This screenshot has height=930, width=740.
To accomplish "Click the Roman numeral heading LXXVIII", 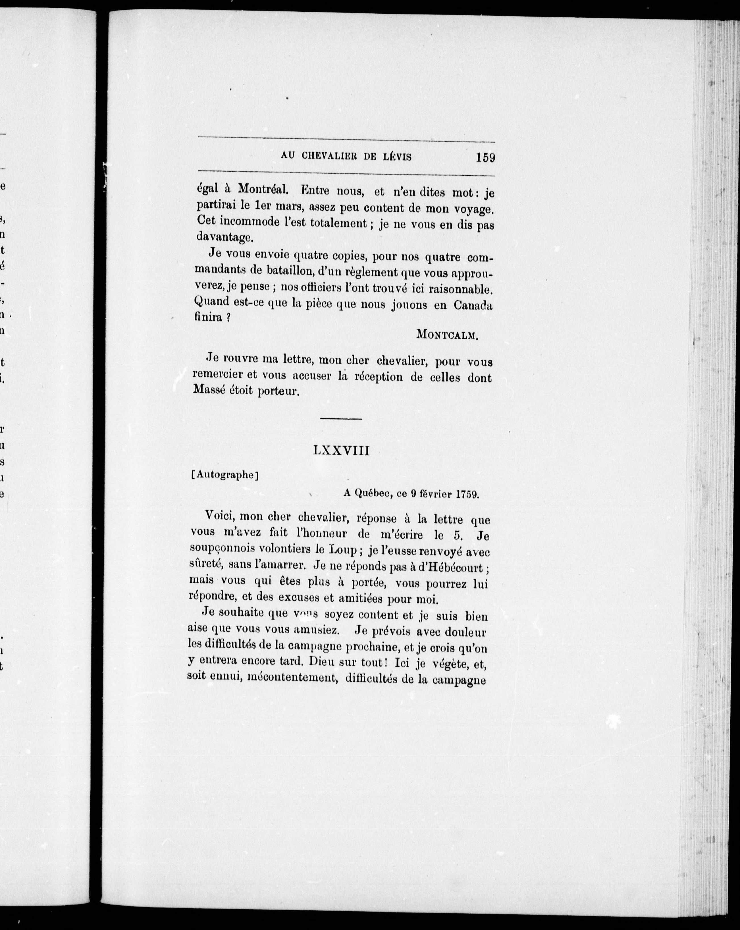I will pos(341,451).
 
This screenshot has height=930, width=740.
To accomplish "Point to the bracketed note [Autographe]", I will pos(224,475).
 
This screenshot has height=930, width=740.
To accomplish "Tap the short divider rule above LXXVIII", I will pos(341,418).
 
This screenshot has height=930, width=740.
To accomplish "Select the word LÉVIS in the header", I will pos(397,157).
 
